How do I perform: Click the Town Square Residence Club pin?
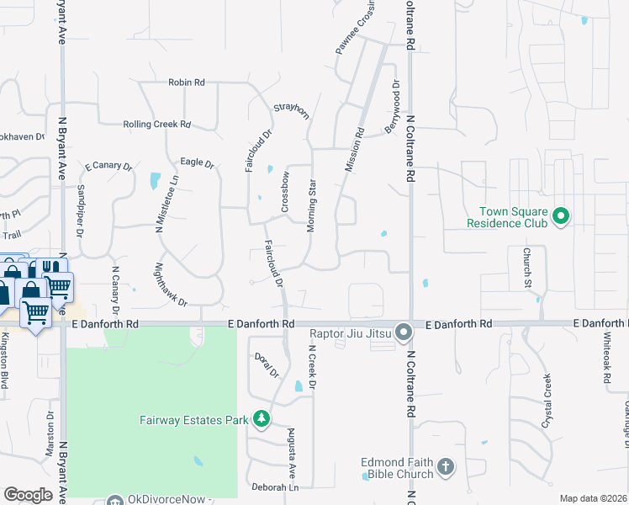point(561,217)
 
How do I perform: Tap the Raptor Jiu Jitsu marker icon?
point(404,332)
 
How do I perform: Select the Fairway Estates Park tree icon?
point(262,417)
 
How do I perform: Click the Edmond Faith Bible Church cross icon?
point(445,465)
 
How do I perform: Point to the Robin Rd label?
point(187,82)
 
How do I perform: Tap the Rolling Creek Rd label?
point(156,124)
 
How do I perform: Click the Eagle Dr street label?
point(198,162)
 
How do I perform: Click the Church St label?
point(527,268)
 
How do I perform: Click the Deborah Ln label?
point(275,488)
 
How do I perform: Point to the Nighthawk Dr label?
point(171,284)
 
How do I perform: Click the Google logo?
point(28,495)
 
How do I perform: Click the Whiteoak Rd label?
point(605,358)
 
